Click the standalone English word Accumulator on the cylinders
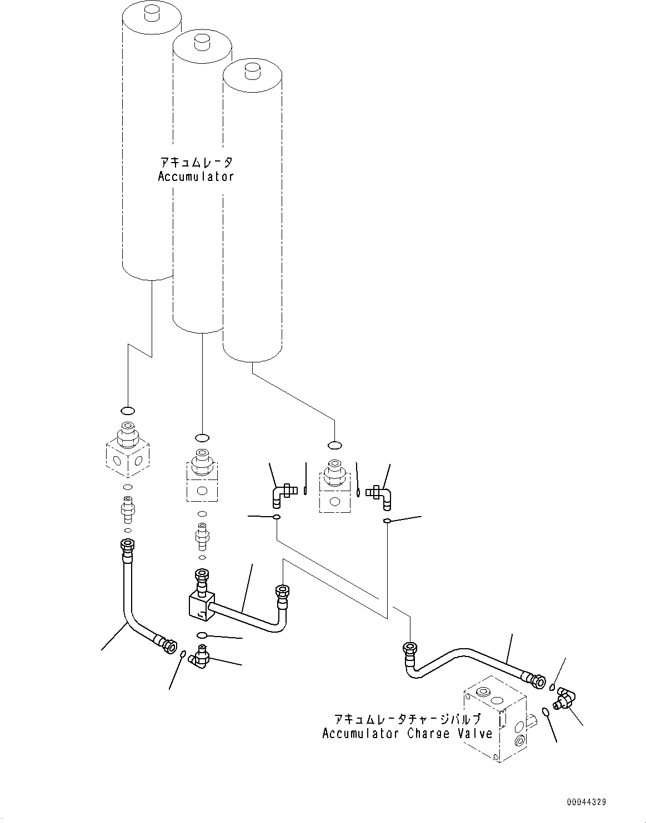point(196,177)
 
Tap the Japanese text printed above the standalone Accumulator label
point(196,162)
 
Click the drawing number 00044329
point(587,802)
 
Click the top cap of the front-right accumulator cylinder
point(253,72)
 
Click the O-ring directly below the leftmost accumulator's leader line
point(128,411)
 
